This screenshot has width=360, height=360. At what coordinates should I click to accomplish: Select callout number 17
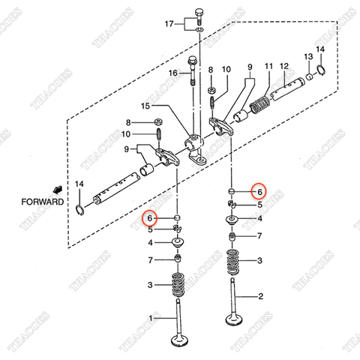coord(169,25)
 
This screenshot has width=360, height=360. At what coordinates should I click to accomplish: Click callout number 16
coord(173,73)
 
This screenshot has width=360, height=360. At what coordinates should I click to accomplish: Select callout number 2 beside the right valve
coord(260,296)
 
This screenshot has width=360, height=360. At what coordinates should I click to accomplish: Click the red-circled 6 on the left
coord(151,218)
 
